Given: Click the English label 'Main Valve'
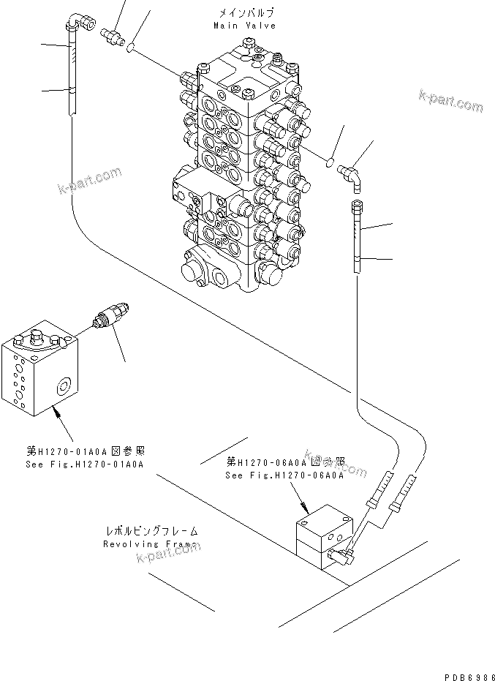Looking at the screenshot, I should coord(244,26).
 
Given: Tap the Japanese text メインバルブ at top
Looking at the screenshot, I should coord(244,13).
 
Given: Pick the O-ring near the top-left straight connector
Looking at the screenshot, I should coord(130,49).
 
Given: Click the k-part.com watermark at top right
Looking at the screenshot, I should coord(450,102).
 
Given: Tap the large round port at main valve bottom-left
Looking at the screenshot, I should coord(192,268).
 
